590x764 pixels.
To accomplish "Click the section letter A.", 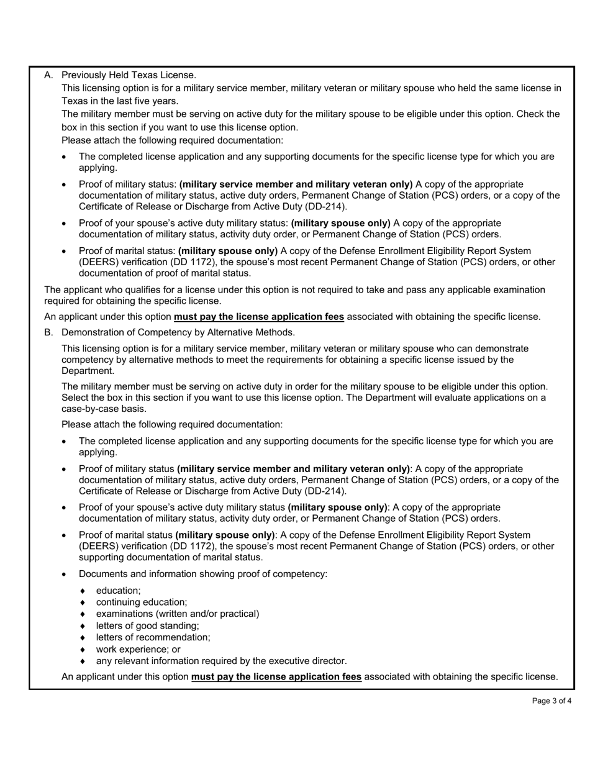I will pos(48,75).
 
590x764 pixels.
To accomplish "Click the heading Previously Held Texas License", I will pos(129,75).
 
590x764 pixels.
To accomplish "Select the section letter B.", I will pos(48,332).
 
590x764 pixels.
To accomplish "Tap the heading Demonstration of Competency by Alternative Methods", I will pos(178,332).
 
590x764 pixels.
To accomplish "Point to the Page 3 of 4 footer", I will pos(551,701).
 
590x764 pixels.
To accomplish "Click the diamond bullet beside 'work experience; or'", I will pos(82,649).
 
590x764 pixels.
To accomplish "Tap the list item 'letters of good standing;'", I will pos(147,625).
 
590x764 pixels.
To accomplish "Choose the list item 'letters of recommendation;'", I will pos(153,637).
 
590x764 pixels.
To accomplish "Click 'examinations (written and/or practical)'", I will pos(178,614).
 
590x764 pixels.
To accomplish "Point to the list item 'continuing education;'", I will pos(141,602).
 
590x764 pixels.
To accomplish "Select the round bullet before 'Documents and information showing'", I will pos(65,574).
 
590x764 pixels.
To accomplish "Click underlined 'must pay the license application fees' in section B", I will pos(276,676).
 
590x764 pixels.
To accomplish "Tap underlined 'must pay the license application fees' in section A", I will pos(258,317).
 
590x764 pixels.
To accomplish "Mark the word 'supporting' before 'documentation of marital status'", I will pos(101,557).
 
